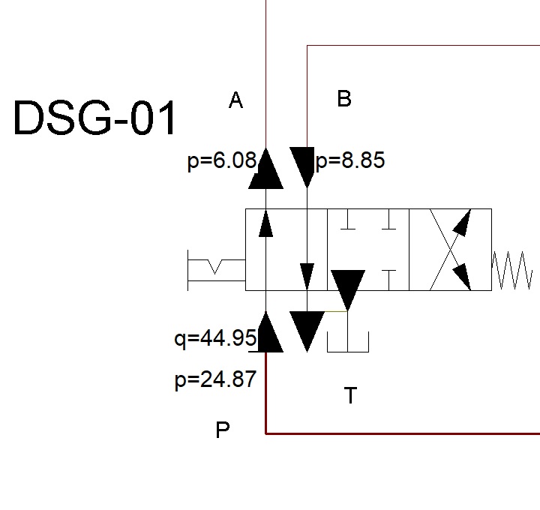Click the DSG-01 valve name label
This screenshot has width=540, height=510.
[x=95, y=118]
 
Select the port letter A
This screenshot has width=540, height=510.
[x=235, y=100]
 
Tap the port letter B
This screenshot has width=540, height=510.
[x=344, y=99]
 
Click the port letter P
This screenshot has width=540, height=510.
[x=222, y=430]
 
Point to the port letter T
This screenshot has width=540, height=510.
[x=350, y=395]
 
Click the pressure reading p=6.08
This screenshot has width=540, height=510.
[x=221, y=161]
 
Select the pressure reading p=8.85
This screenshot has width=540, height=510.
[x=350, y=161]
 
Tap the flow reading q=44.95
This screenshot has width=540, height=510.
[x=215, y=339]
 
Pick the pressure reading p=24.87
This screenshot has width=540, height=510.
[x=215, y=380]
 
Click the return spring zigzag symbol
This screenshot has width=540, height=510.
[x=512, y=270]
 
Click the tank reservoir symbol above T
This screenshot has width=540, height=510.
[x=347, y=340]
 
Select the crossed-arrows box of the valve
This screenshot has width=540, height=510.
[x=450, y=250]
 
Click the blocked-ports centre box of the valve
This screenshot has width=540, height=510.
[x=367, y=250]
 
